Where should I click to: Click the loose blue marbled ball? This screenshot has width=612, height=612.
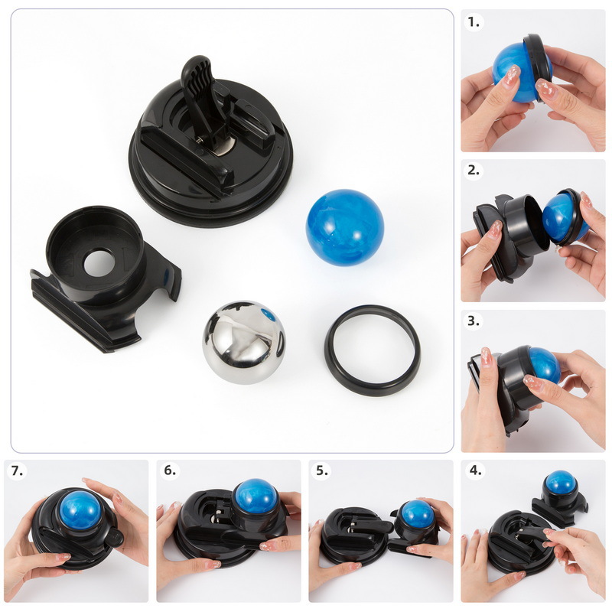click(344, 227)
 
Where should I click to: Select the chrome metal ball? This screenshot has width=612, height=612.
click(243, 341)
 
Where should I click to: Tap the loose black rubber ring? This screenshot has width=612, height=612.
click(373, 350)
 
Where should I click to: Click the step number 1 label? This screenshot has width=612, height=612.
click(475, 22)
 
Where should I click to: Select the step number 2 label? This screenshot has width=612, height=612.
click(475, 171)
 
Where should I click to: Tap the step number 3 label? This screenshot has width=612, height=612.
click(475, 321)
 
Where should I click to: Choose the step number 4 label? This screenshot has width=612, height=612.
click(475, 470)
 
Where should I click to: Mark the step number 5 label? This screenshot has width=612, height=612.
click(323, 470)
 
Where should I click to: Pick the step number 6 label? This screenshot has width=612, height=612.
click(170, 470)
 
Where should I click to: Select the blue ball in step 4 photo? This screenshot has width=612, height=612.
click(561, 483)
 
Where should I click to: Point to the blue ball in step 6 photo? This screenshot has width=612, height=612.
click(256, 496)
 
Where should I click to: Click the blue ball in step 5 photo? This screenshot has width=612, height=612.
click(417, 514)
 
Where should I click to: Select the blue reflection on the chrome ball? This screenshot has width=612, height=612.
click(267, 314)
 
